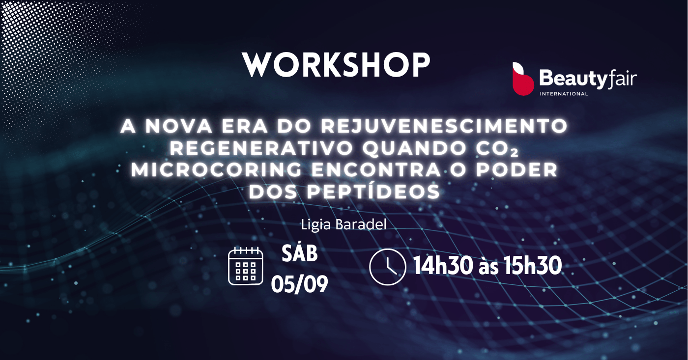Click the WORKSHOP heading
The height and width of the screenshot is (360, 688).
point(336,65)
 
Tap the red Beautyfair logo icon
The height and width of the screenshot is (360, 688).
point(523,79)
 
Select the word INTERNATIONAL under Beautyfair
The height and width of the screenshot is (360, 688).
point(564,94)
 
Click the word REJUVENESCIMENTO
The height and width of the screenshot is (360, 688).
point(444,126)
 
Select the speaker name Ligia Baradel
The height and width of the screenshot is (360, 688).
point(344,224)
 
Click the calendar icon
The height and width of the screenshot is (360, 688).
point(246,266)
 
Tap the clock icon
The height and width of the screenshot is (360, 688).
point(388,267)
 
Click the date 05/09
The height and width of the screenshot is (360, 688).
point(299,284)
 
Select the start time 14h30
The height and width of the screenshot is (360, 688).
point(443,266)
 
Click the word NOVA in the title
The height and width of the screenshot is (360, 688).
point(179,126)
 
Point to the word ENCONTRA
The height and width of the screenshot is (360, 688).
point(376,170)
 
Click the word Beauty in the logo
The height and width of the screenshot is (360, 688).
point(573,79)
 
